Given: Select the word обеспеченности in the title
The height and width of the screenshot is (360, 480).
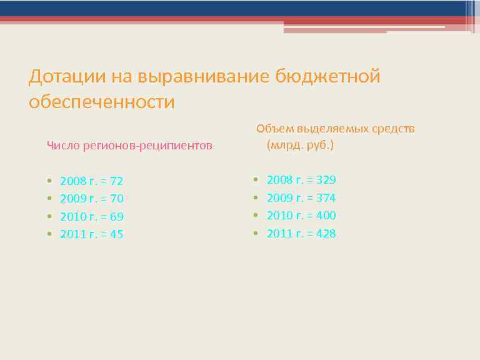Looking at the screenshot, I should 102,101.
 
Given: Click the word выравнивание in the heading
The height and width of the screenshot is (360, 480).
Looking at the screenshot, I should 192,77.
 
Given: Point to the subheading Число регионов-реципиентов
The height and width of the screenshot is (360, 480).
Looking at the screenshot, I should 130,146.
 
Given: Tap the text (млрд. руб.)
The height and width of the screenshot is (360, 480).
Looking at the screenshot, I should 300,145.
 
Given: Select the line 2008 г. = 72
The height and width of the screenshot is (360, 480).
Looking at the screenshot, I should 91,181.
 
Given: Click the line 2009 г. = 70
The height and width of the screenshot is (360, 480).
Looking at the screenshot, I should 91,199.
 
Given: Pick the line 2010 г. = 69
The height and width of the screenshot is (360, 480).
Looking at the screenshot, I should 91,217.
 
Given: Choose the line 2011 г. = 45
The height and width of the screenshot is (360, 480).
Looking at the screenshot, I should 91,234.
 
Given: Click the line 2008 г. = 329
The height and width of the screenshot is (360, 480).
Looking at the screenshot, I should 301,180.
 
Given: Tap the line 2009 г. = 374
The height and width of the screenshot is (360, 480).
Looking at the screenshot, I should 301,197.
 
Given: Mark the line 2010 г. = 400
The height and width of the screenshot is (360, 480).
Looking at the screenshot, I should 301,215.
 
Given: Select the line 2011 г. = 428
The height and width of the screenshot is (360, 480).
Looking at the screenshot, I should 301,233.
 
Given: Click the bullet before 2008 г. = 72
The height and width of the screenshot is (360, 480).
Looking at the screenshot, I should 49,181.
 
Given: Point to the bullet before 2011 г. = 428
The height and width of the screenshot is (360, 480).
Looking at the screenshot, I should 256,233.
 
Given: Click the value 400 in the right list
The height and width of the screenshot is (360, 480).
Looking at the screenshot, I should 326,215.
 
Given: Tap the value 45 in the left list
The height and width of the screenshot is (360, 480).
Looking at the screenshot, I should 116,234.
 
